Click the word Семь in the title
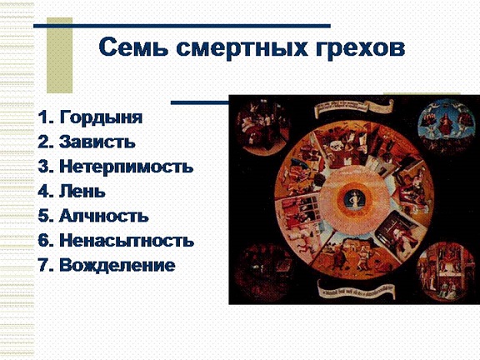pos(133,47)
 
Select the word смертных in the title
pos(242,48)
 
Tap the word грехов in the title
pos(360,49)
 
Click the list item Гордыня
pos(102,117)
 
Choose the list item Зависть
pos(97,142)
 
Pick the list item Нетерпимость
pos(127,166)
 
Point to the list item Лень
pos(82,191)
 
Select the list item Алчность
pos(104,216)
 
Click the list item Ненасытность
pos(127,240)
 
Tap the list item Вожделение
pos(117,265)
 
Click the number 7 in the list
pos(42,265)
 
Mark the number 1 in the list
pos(42,117)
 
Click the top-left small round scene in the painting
pos(263,127)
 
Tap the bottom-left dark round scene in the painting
pos(262,272)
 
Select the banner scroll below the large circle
pos(356,290)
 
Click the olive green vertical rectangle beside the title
pos(59,55)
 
